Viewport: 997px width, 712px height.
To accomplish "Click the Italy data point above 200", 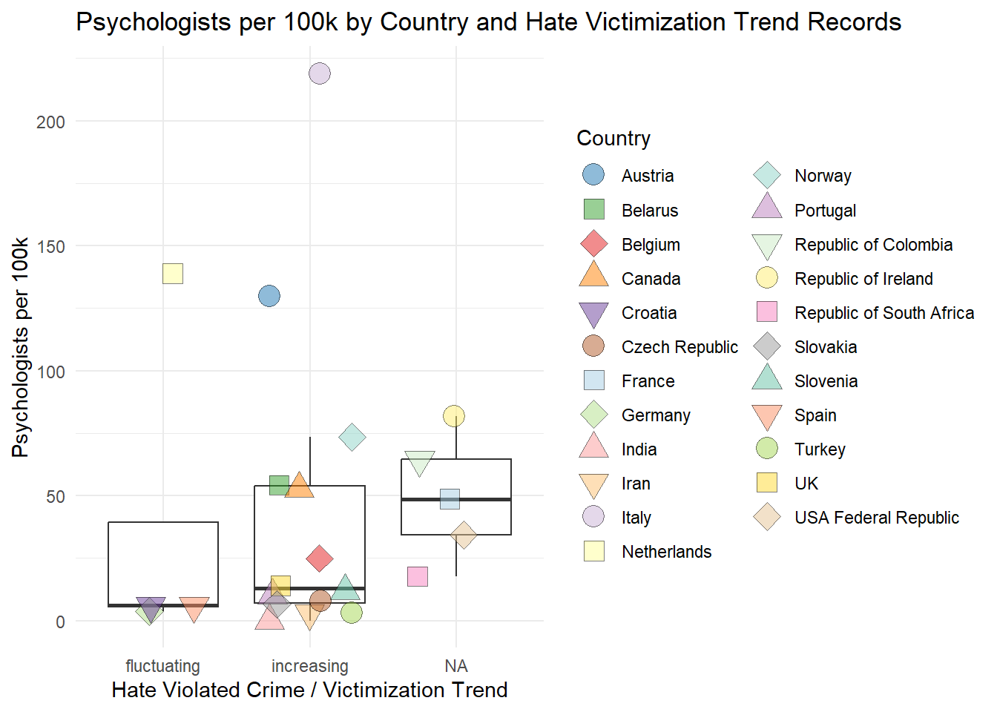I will coord(319,73).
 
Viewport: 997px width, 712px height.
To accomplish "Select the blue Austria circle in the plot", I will coord(269,296).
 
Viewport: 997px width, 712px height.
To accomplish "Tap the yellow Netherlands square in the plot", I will coord(173,274).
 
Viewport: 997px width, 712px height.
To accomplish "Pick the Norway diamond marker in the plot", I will coord(352,438).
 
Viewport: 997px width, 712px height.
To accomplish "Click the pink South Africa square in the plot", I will coord(418,576).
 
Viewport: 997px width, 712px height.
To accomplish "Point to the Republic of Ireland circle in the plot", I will coord(454,416).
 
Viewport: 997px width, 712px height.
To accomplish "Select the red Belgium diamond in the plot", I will coord(320,558).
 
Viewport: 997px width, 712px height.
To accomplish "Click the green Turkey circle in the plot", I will coord(352,613).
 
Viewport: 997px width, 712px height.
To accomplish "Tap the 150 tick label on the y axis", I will coord(50,246).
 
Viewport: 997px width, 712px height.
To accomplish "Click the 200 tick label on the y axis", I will coord(50,122).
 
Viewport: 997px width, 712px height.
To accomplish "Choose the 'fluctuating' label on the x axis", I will coord(163,666).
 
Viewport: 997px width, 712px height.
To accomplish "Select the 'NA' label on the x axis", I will coord(456,666).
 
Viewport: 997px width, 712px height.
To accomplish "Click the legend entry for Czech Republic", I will coord(680,347).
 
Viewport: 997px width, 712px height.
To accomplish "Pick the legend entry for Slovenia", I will coord(826,381).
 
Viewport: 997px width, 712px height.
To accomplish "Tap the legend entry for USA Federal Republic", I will coord(876,518).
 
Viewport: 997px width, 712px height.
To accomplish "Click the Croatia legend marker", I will coord(593,314).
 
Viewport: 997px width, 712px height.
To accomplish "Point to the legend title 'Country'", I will coord(613,139).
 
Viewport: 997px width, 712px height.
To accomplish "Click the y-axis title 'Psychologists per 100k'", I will coord(21,347).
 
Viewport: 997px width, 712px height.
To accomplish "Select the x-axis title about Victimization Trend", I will coord(309,690).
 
